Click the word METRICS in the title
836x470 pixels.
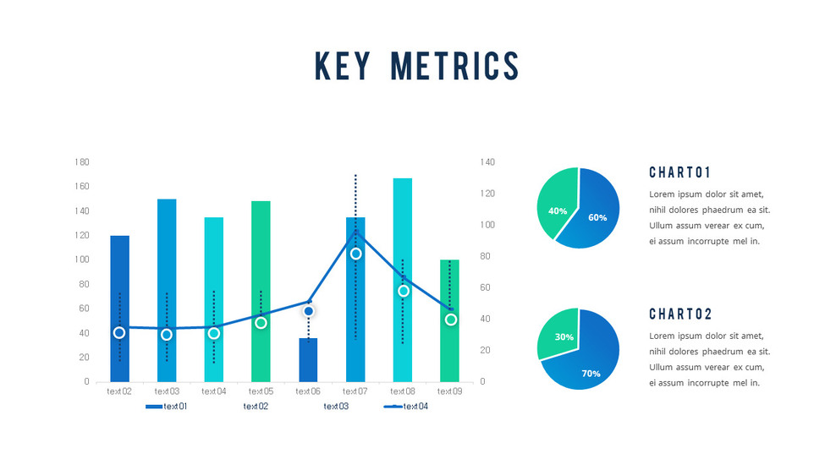(x=455, y=67)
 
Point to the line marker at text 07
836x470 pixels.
(x=356, y=254)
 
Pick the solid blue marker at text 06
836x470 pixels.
(x=309, y=311)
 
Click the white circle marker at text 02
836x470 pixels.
(x=119, y=332)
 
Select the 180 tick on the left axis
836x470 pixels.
(x=82, y=161)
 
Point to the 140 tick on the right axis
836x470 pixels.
(x=487, y=161)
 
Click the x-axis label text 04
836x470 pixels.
(x=214, y=391)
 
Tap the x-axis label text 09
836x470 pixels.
(x=450, y=391)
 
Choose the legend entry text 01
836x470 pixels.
(x=167, y=407)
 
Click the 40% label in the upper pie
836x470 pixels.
(x=558, y=210)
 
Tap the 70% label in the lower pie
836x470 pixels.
(x=591, y=373)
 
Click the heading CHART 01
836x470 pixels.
(x=680, y=173)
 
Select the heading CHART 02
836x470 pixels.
(x=680, y=314)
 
